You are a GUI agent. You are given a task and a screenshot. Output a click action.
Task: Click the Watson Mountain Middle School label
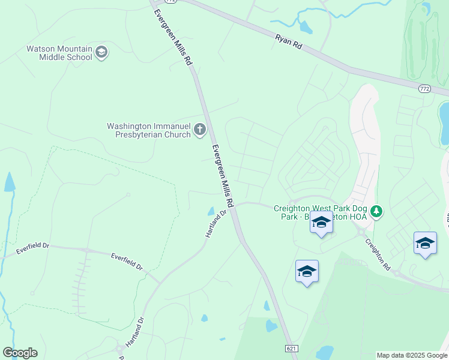(59, 53)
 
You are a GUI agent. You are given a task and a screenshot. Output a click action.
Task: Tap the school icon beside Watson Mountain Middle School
(101, 53)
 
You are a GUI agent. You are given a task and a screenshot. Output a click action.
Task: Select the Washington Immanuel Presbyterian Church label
(148, 130)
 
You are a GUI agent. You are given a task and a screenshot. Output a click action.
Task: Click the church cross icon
(200, 130)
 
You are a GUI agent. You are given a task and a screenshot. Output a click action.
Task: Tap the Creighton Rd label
(379, 255)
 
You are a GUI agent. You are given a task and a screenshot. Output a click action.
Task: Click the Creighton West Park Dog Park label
(321, 212)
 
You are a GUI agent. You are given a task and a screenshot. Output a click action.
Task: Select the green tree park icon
(376, 211)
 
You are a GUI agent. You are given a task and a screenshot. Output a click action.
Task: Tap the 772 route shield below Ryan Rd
(425, 88)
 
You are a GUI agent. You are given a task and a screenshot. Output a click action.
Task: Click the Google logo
(20, 353)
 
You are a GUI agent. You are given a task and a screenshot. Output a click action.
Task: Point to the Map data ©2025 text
(411, 355)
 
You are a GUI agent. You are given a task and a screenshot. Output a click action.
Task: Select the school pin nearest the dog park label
(321, 223)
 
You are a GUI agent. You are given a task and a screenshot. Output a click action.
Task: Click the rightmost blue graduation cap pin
(425, 243)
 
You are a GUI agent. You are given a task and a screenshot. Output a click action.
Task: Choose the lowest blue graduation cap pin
(307, 271)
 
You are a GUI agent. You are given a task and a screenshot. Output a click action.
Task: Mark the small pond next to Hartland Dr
(210, 211)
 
